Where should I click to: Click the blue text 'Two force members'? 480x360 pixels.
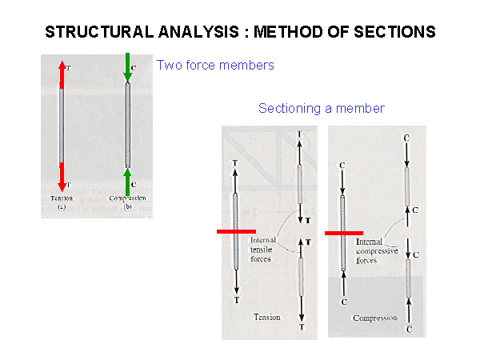tap(215, 65)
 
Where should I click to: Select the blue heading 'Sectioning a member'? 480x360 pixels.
tap(322, 108)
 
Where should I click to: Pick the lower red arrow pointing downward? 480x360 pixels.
tap(62, 175)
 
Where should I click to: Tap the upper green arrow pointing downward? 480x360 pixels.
tap(126, 68)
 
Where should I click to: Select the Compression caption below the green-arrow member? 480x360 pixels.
tap(128, 198)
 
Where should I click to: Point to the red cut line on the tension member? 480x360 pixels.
tap(236, 232)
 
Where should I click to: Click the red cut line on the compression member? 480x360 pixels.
tap(344, 233)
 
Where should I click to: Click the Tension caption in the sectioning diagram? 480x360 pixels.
tap(266, 317)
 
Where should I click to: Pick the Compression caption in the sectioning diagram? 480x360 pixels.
tap(375, 318)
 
